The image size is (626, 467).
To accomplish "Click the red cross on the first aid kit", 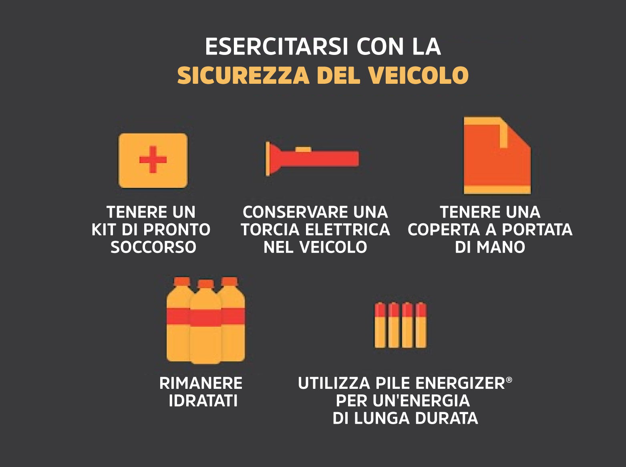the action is (153, 160).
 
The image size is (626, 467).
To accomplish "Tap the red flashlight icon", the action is (312, 159).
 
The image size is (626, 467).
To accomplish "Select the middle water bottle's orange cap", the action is (205, 284).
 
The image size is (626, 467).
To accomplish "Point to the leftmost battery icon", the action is (380, 325).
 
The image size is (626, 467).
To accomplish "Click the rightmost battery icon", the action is (421, 325).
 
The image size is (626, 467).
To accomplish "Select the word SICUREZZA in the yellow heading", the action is (243, 75).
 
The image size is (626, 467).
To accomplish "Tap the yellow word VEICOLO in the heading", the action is (418, 75).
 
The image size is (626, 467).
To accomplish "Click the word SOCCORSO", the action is (153, 247).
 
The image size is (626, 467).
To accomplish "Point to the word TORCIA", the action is (270, 230).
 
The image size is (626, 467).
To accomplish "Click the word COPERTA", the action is (444, 230).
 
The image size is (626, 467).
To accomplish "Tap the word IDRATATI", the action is (203, 401).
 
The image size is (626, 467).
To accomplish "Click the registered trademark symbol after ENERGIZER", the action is (509, 380).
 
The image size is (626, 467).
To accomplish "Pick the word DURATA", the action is (446, 418).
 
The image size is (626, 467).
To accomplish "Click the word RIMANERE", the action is (201, 383).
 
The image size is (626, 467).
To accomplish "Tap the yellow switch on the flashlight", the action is (303, 150).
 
